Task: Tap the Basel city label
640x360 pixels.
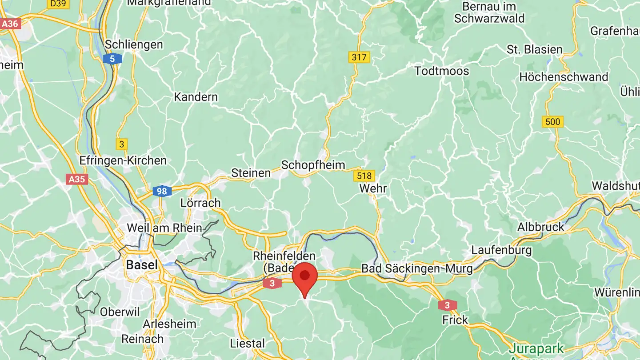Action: (x=142, y=265)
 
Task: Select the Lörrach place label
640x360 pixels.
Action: (x=200, y=203)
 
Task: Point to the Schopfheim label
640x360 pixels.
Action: (x=313, y=165)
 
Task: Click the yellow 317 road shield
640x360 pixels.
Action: (x=359, y=57)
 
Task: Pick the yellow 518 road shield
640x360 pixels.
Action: (x=364, y=176)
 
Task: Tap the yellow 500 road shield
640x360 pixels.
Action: (x=552, y=122)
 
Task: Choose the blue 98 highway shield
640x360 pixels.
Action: (x=162, y=192)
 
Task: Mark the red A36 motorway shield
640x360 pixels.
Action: (x=10, y=24)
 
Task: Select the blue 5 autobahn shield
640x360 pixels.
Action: (x=112, y=58)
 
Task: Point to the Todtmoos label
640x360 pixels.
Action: (x=441, y=71)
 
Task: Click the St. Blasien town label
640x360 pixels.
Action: (x=535, y=49)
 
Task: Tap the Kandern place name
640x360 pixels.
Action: (x=196, y=97)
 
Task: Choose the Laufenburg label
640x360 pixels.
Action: (x=501, y=250)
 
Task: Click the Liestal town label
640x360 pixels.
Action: (x=247, y=343)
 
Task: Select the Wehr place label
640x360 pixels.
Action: (x=373, y=188)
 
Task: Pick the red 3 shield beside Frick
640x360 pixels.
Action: (x=447, y=305)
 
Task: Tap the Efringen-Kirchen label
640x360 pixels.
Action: (x=123, y=160)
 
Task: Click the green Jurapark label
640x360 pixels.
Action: (x=536, y=348)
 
